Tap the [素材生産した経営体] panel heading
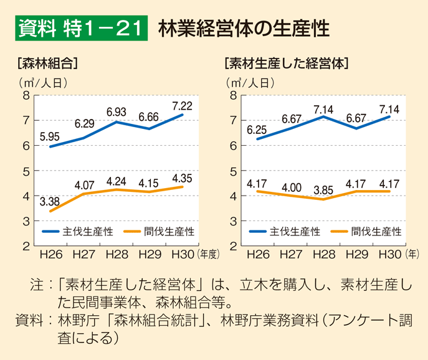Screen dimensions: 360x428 tap(286, 63)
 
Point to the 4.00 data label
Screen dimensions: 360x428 tap(291, 185)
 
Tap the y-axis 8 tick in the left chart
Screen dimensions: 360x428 tap(26, 95)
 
